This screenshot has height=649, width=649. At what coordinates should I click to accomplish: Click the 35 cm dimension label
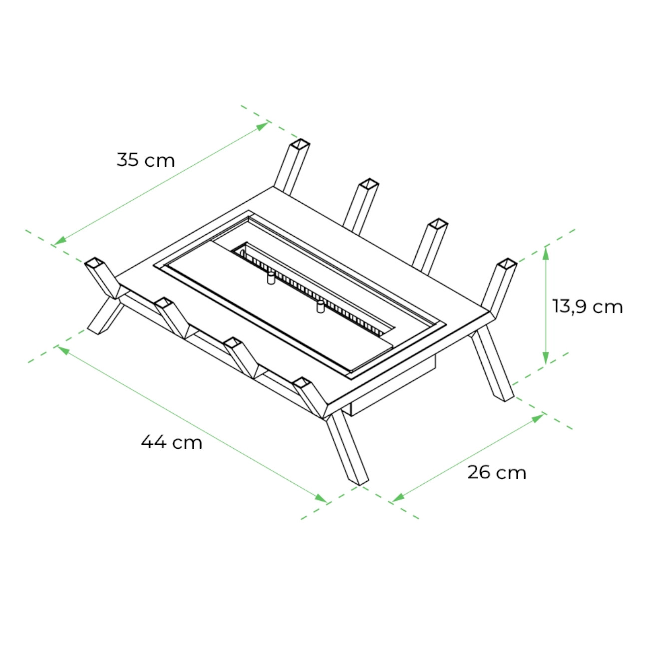[146, 160]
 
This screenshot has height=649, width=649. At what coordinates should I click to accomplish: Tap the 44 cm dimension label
[172, 442]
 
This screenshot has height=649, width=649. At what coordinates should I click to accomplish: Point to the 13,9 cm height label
[588, 307]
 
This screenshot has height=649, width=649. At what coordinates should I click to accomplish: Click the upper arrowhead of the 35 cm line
[262, 127]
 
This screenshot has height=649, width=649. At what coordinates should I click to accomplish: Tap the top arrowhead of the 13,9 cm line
[546, 253]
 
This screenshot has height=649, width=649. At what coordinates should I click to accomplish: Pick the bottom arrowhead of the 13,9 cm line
[546, 357]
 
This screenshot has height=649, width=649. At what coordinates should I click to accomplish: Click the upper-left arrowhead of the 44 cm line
[64, 350]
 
